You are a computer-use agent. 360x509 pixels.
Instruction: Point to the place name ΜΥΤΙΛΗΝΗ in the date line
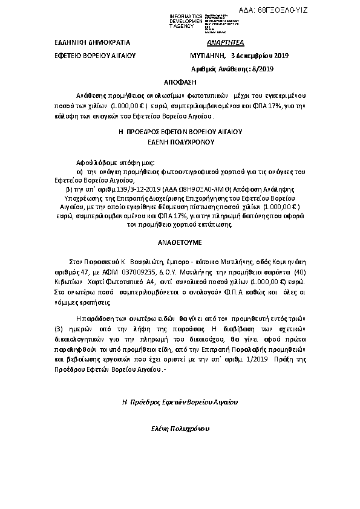(208, 56)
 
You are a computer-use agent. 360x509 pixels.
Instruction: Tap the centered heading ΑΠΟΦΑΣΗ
(180, 81)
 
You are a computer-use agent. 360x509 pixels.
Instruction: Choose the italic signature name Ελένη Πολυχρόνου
(180, 428)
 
